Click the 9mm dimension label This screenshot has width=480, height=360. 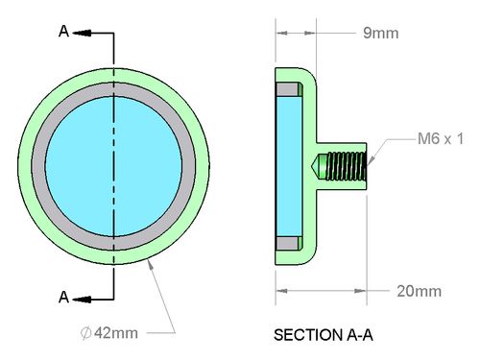381,34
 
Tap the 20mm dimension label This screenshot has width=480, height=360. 420,291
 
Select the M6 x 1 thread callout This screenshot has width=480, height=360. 441,139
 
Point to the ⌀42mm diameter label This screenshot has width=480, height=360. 109,333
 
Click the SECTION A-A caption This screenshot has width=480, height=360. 324,335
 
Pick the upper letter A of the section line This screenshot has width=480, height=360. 63,32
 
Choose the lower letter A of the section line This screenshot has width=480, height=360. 63,298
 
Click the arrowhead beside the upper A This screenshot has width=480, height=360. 82,33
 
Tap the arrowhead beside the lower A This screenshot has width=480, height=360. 82,300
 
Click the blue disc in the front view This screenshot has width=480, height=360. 113,166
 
